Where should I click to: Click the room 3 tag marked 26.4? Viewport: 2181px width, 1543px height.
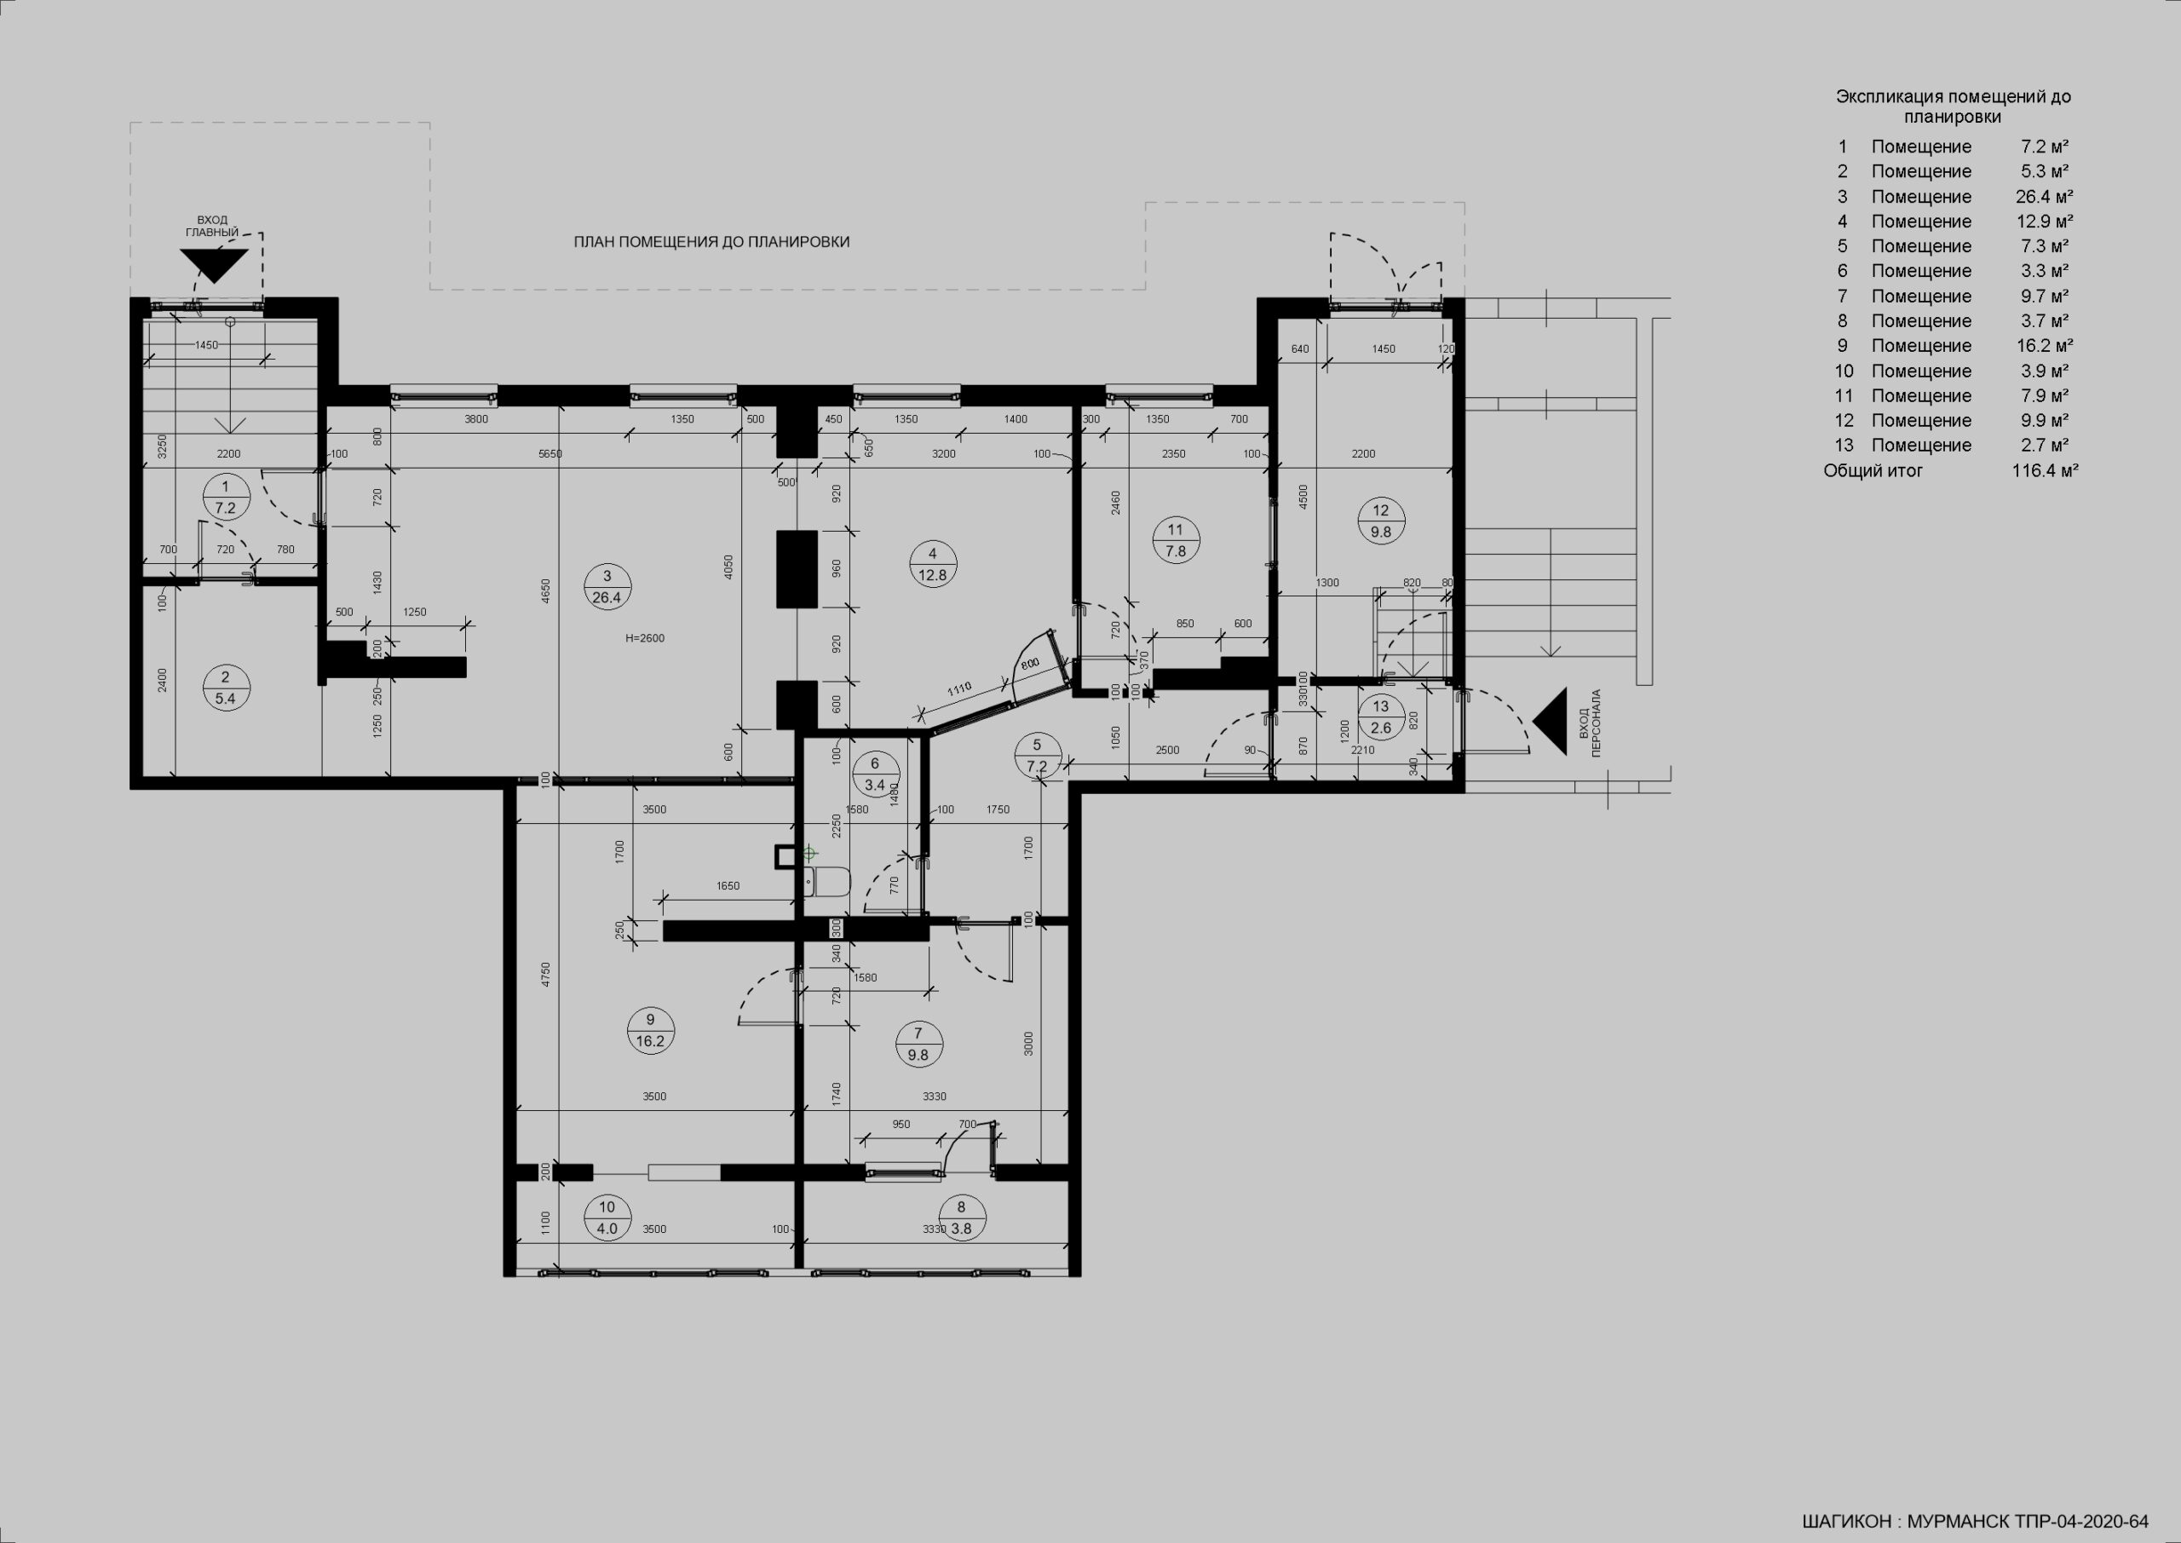point(607,587)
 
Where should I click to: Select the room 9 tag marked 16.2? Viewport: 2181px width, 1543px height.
point(650,1031)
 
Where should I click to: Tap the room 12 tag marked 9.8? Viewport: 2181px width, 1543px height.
point(1380,521)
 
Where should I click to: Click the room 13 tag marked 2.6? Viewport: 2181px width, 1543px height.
point(1380,717)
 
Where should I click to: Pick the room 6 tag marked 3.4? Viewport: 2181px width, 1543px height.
point(875,774)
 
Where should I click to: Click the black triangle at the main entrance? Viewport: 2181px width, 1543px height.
point(216,266)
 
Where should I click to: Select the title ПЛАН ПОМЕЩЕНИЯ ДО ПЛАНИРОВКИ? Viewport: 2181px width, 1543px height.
point(711,242)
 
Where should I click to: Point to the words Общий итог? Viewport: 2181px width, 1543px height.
point(1873,470)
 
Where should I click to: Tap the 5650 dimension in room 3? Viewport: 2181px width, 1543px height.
point(550,454)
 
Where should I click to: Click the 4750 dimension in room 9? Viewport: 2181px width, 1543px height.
point(546,976)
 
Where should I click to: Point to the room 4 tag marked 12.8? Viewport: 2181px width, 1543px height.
point(932,564)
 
